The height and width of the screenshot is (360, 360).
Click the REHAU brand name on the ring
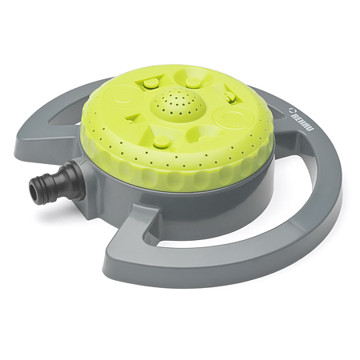pyautogui.click(x=302, y=122)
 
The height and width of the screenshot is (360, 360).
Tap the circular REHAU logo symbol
pyautogui.click(x=293, y=110)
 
